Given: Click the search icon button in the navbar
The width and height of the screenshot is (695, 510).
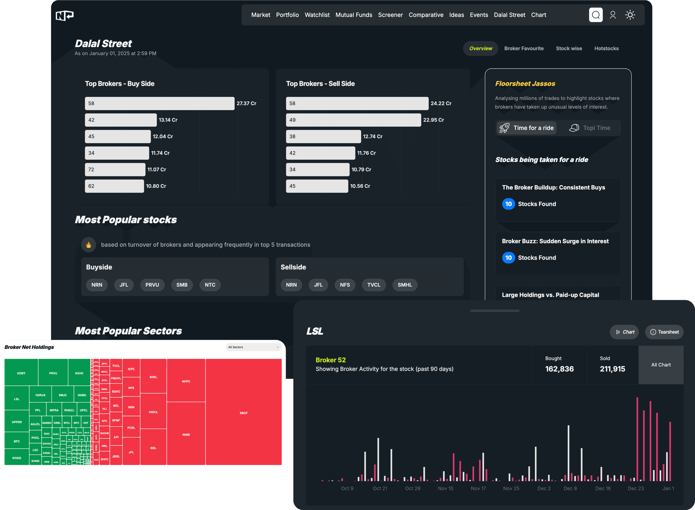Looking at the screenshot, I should click(595, 15).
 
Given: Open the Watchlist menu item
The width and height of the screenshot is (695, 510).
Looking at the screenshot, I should click(317, 15).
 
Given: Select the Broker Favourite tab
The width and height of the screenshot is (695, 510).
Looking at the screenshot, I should click(524, 49).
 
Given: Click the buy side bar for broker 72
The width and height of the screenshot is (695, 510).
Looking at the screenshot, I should click(115, 169).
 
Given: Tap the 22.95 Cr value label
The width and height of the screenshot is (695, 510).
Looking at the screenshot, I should click(433, 120).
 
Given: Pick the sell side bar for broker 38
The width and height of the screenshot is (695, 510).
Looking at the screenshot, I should click(323, 136).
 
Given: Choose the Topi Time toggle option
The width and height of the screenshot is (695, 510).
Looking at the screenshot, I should click(589, 128).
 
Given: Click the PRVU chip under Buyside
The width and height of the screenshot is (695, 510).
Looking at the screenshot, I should click(152, 285).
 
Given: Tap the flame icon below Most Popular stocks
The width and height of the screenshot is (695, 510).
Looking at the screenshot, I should click(89, 245).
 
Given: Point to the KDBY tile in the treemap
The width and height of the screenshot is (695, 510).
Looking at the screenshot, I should click(21, 373).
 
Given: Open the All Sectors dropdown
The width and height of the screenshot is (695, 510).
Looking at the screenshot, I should click(253, 347).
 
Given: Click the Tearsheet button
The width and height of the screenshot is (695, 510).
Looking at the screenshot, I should click(664, 332).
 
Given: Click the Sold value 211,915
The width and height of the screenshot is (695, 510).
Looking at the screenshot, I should click(612, 369).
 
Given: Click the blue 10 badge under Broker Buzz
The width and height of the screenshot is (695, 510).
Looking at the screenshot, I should click(508, 257).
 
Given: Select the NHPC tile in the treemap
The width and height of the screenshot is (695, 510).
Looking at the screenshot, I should click(186, 381).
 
